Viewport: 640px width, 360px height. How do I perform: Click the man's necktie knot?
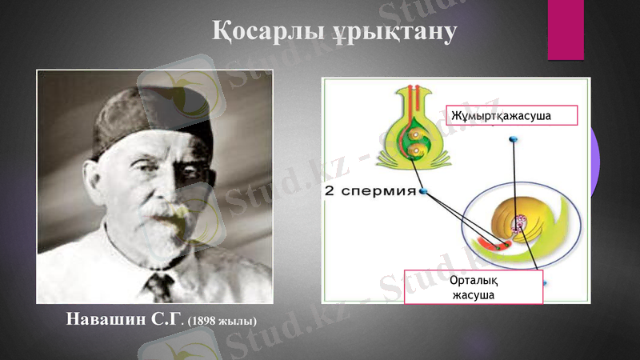click(160, 283)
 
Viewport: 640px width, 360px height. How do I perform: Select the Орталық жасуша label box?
click(473, 286)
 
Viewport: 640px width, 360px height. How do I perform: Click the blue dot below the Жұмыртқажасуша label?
click(513, 141)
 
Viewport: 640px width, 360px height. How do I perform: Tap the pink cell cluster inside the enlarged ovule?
click(521, 223)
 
